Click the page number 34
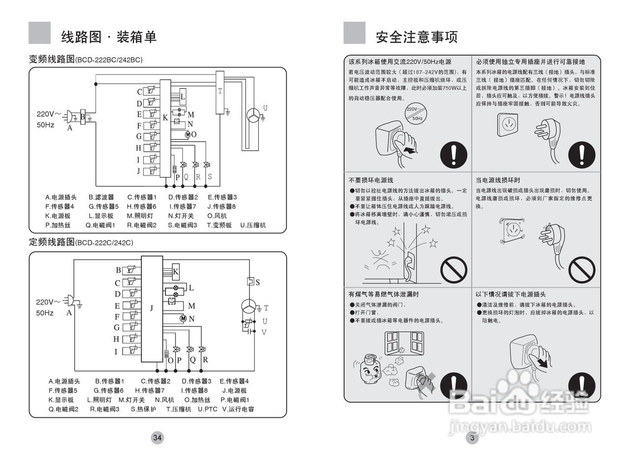point(157,437)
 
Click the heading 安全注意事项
point(416,36)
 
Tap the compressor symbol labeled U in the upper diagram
point(253,115)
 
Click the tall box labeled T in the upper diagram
point(220,92)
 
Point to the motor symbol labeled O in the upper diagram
point(188,134)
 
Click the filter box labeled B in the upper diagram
point(83,116)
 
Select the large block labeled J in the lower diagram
point(152,309)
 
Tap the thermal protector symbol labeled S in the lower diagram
point(250,282)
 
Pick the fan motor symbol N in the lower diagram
point(183,318)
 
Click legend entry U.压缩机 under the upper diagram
point(253,225)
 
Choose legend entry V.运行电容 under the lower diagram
point(238,409)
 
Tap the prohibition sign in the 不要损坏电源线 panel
point(453,270)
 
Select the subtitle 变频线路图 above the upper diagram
point(52,60)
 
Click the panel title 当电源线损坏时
point(498,181)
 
